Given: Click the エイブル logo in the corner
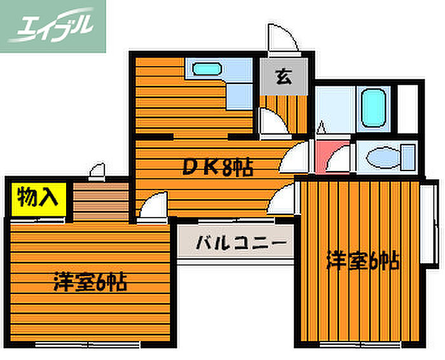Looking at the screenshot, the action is click(53, 26).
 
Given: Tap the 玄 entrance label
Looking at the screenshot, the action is click(284, 77).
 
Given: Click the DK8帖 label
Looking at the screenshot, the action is click(217, 167).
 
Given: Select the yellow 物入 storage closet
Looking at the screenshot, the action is click(39, 199).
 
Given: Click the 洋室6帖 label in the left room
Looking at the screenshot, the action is click(90, 282).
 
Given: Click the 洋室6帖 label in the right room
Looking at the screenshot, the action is click(363, 260).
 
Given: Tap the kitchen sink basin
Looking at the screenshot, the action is click(207, 69).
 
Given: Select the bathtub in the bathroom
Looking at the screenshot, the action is click(374, 107).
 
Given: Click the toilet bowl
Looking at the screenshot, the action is click(383, 157).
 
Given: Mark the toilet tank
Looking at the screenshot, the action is click(408, 157).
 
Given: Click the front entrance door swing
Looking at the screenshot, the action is click(283, 38).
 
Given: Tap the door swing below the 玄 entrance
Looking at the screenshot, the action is click(273, 121).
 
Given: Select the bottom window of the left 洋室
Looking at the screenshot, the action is click(88, 344).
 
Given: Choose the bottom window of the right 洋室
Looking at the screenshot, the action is click(360, 344).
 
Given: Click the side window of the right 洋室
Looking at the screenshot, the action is click(429, 224).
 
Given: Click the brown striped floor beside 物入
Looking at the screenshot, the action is click(100, 201).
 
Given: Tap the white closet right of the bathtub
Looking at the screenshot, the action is click(407, 109).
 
